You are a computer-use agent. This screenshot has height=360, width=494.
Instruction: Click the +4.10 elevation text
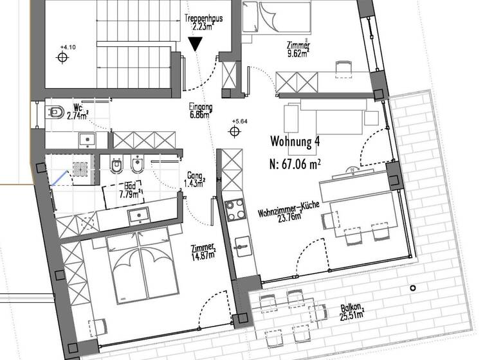pos(67,47)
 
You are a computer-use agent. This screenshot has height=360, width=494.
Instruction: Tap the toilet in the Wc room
pos(55,113)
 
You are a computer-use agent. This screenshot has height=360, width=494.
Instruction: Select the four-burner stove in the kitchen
pos(235,210)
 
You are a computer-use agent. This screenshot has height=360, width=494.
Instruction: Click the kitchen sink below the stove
pos(242,245)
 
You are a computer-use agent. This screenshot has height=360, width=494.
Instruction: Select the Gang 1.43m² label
pos(194,179)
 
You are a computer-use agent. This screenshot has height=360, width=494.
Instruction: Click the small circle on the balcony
pos(413,287)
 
